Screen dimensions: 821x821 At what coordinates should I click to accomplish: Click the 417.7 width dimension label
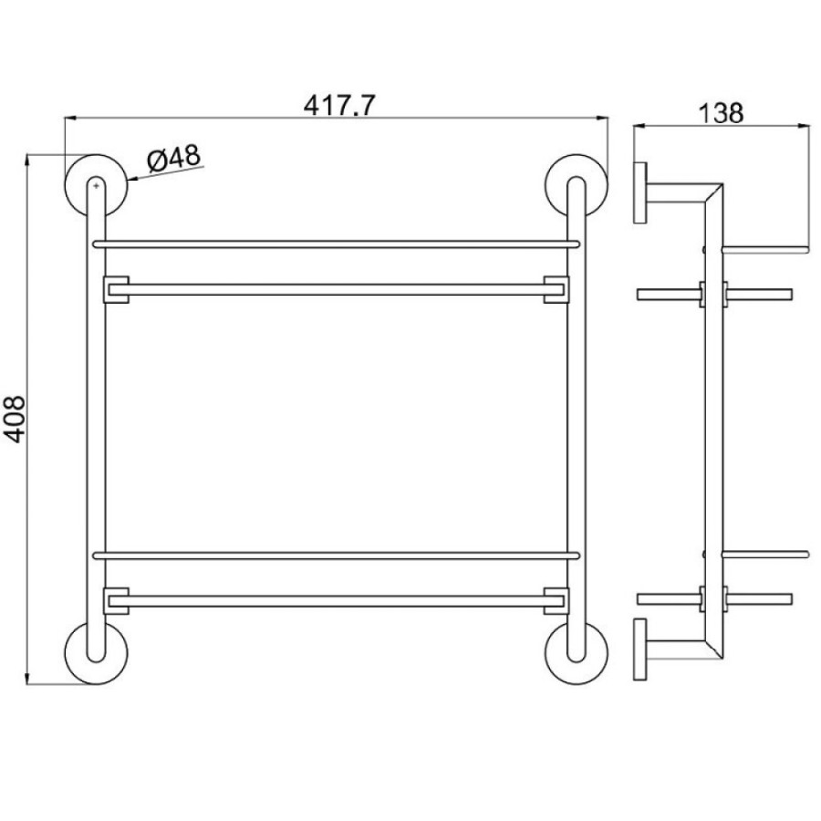pos(339,105)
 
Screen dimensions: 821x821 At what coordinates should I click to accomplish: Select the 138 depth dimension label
pos(721,112)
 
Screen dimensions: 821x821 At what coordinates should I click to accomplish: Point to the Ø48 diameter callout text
pos(174,158)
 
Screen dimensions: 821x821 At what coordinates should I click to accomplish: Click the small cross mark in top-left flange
pos(95,185)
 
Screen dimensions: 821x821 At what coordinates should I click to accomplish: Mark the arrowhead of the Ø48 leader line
pos(131,179)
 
